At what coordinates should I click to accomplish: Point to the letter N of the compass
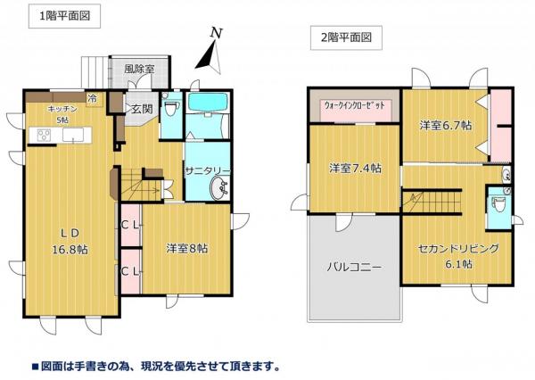(215, 33)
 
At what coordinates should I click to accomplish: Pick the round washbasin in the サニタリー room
(218, 188)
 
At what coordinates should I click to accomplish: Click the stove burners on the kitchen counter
(43, 136)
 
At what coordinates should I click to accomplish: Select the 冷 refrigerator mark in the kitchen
(92, 98)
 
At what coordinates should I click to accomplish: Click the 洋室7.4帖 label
(354, 168)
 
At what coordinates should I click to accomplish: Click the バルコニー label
(353, 267)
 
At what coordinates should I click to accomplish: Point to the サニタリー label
(209, 170)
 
